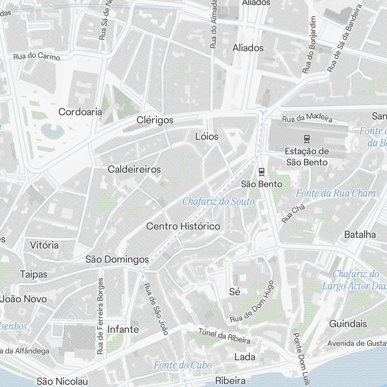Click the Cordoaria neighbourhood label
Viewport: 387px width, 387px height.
pos(80,112)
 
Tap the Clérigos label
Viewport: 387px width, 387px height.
pos(155,120)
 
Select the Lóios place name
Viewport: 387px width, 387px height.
pos(207,136)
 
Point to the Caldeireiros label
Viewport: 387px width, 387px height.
pos(134,169)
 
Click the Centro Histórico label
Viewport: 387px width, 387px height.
pos(183,226)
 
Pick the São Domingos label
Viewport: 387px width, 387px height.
pos(117,259)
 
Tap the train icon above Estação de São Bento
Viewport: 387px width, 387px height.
pos(307,138)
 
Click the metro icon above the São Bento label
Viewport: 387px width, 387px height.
pos(262,171)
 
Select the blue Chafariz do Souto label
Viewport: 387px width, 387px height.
pos(218,201)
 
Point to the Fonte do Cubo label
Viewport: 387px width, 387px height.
pos(183,365)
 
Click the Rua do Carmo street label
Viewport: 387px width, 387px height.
pos(37,57)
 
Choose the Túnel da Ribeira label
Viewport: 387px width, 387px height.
pos(224,336)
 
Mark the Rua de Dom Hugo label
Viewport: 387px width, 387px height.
pos(252,303)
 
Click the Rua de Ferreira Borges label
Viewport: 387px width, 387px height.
pos(101,316)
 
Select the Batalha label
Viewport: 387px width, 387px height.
pos(360,234)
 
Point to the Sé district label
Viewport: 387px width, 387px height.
pos(235,291)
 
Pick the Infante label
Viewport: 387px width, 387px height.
pos(123,329)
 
